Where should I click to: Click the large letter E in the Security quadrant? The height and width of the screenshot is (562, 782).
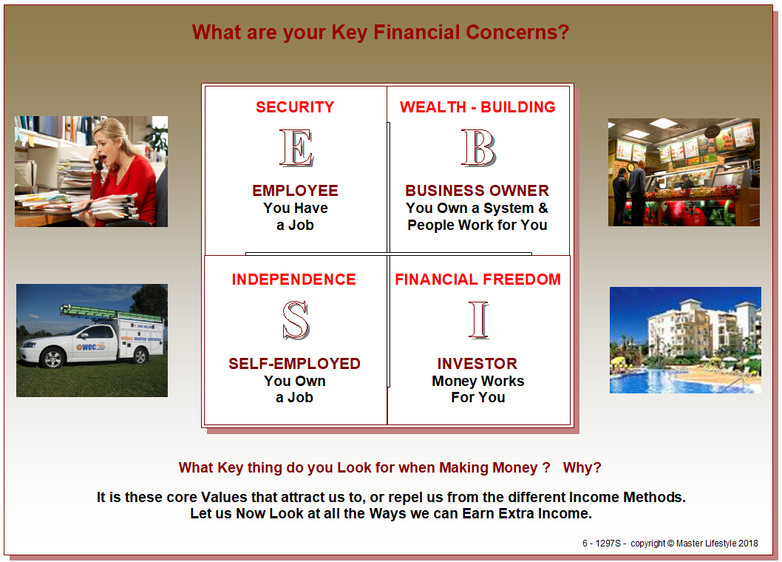296,148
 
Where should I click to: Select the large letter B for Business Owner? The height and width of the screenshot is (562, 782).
478,148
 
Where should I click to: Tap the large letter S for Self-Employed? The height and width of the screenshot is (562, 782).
296,320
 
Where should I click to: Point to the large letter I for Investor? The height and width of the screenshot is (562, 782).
479,320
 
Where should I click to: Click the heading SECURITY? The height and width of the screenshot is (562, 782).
295,107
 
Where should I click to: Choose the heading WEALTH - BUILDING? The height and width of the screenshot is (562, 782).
477,107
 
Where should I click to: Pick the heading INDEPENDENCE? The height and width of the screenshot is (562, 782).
293,280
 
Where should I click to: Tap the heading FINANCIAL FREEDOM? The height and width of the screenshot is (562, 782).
477,280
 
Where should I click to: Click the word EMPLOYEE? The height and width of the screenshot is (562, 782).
295,191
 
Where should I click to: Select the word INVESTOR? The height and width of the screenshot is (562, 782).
477,363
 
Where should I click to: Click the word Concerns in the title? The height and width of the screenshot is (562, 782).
517,33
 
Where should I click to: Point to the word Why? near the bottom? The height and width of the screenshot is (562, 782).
582,467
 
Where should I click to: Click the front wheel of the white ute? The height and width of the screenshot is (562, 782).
52,358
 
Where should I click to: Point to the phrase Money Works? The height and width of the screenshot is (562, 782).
477,382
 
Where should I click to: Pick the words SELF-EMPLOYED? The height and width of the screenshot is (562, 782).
294,363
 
